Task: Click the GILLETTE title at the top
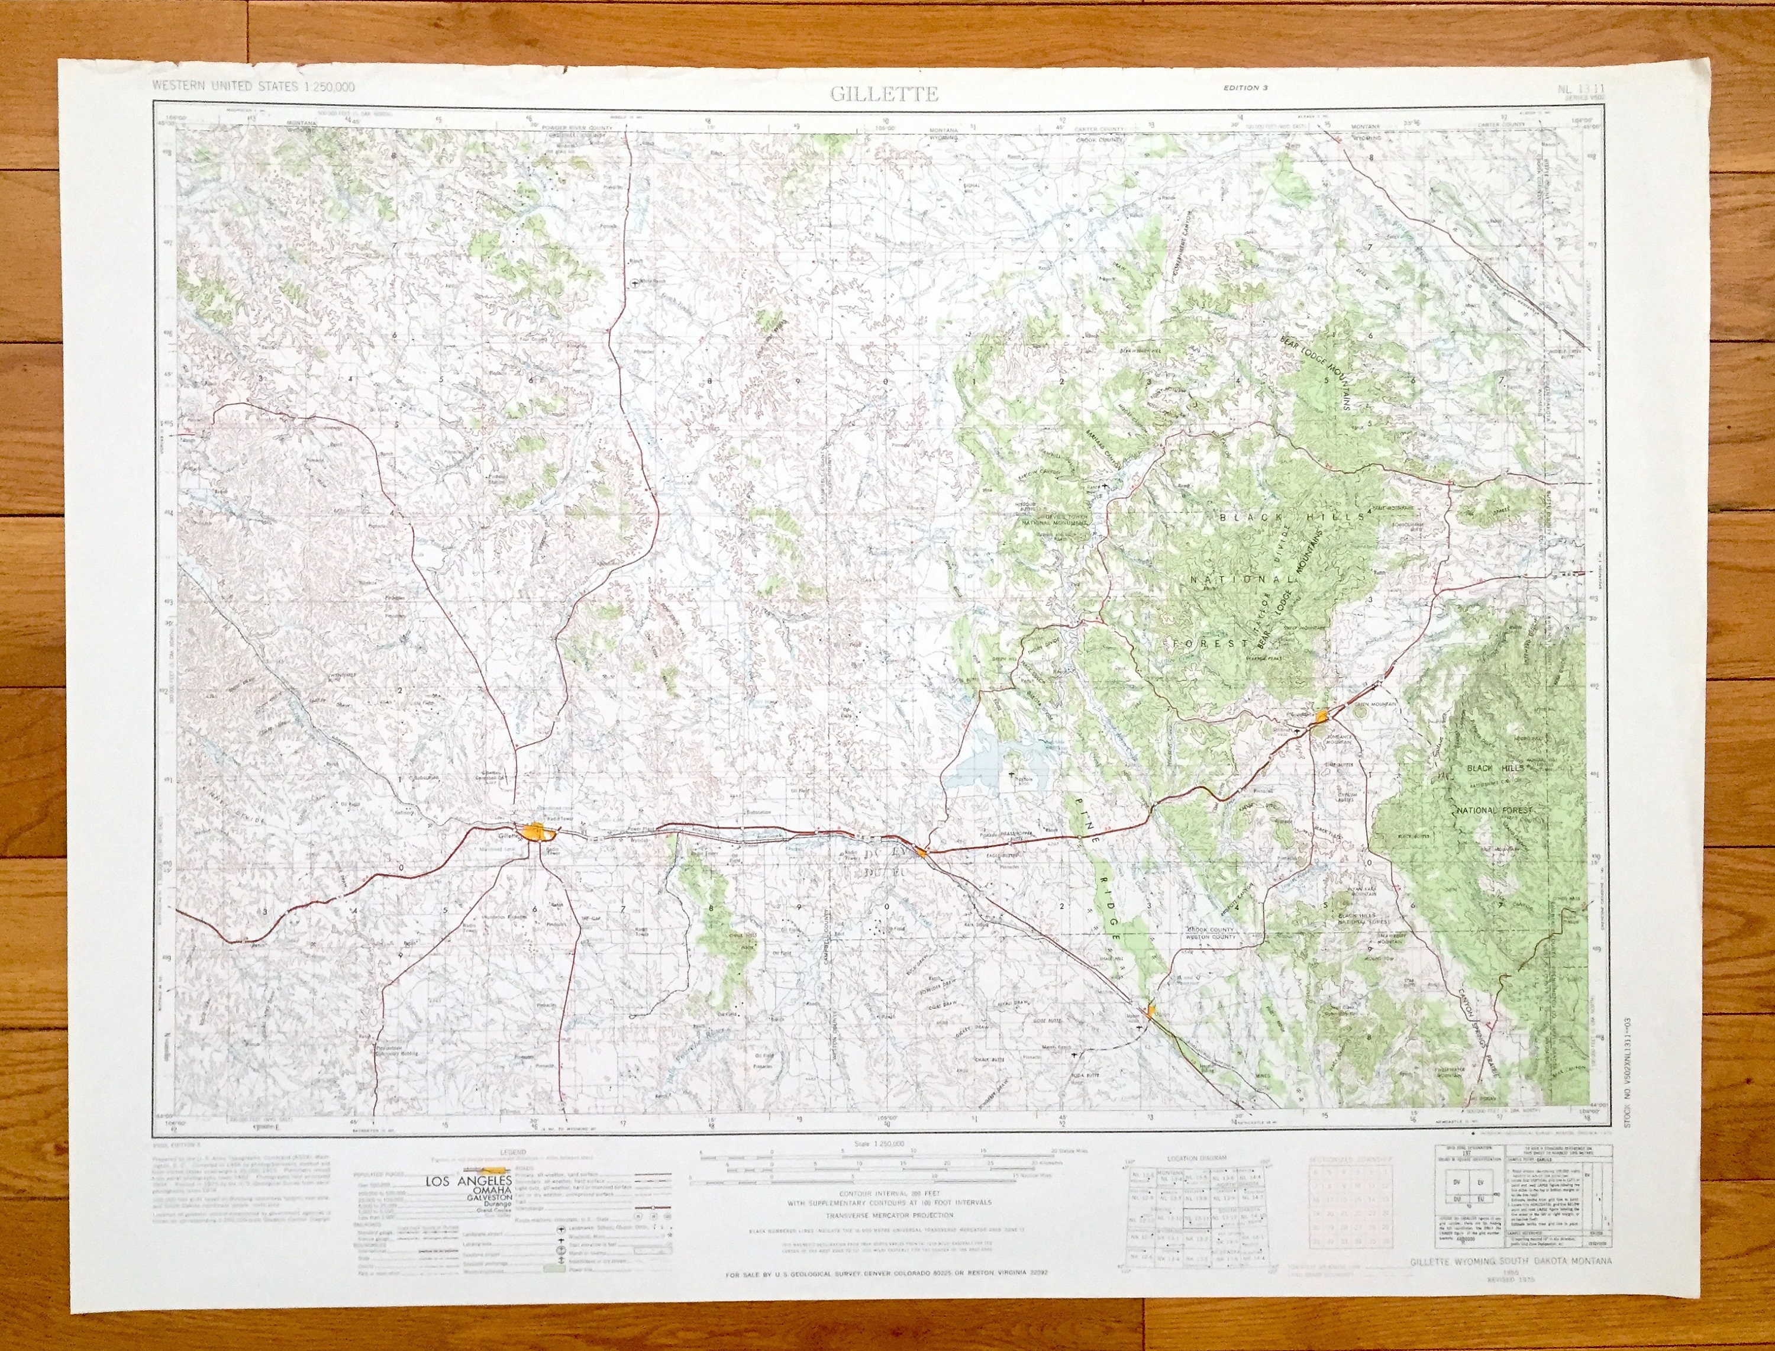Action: [885, 94]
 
